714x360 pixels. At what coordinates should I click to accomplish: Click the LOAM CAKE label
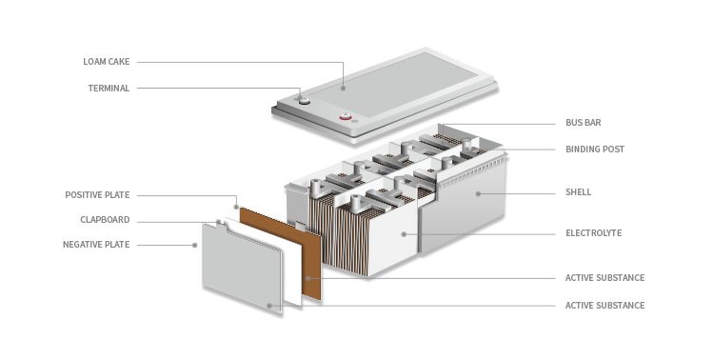(x=106, y=62)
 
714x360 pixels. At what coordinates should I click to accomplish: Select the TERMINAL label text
(x=109, y=89)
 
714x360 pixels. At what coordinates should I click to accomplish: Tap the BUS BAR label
(x=584, y=123)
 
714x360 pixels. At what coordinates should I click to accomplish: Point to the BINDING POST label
(x=595, y=149)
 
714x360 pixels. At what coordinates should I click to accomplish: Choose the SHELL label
(x=578, y=192)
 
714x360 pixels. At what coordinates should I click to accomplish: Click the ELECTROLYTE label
(x=593, y=233)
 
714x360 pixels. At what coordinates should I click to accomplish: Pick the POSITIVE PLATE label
(x=97, y=195)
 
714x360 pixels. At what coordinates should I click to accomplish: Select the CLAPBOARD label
(x=105, y=220)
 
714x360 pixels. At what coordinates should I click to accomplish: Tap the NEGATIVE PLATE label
(x=96, y=245)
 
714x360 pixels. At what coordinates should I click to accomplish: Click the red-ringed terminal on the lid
(x=346, y=117)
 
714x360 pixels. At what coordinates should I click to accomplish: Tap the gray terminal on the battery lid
(x=304, y=100)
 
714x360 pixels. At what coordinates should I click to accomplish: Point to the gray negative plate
(x=242, y=267)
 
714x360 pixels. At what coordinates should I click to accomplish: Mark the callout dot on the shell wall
(x=478, y=193)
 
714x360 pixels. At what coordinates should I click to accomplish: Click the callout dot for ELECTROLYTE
(x=404, y=234)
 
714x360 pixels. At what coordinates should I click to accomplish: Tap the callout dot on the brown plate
(x=308, y=278)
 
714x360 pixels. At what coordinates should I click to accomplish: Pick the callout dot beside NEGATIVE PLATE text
(x=195, y=245)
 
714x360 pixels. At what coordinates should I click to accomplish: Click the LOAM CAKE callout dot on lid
(x=343, y=88)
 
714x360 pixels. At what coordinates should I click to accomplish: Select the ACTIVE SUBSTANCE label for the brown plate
(x=605, y=278)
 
